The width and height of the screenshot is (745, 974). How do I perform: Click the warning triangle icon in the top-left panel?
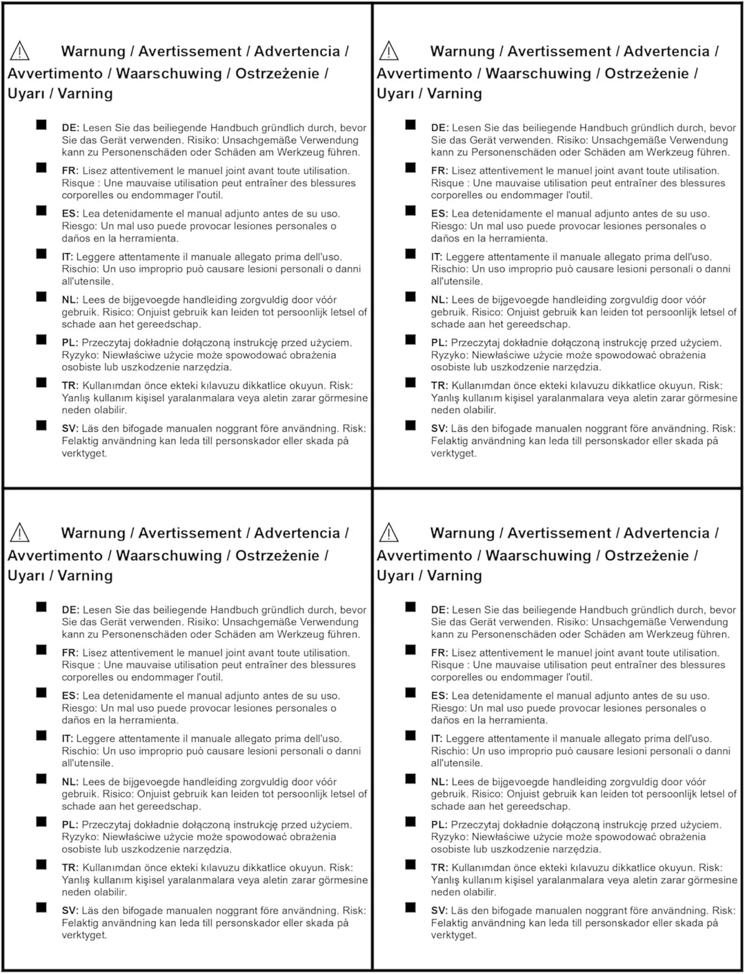pyautogui.click(x=20, y=51)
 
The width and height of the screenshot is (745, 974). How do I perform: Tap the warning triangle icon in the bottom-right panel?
pyautogui.click(x=389, y=533)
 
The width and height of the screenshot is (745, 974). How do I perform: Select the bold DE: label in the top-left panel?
pyautogui.click(x=70, y=128)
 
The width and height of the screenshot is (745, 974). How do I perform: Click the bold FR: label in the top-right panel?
pyautogui.click(x=439, y=170)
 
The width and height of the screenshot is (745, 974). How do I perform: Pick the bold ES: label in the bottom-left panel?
pyautogui.click(x=70, y=695)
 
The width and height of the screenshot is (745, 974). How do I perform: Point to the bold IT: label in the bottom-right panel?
pyautogui.click(x=437, y=738)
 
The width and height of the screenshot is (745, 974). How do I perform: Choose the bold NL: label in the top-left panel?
pyautogui.click(x=70, y=299)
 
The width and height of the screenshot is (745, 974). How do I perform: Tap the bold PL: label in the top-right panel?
pyautogui.click(x=439, y=342)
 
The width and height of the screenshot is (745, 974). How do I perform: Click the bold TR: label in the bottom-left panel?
pyautogui.click(x=70, y=867)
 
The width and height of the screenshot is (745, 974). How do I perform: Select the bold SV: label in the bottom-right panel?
pyautogui.click(x=439, y=910)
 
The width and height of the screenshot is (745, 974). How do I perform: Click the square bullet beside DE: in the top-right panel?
pyautogui.click(x=410, y=125)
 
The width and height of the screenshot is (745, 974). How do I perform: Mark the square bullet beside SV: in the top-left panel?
pyautogui.click(x=41, y=426)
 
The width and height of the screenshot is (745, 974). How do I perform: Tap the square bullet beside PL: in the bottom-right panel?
pyautogui.click(x=410, y=822)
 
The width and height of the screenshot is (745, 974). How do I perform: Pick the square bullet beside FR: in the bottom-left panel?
pyautogui.click(x=41, y=650)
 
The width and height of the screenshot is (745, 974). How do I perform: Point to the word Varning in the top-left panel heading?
pyautogui.click(x=85, y=94)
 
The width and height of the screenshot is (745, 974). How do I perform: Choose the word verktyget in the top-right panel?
pyautogui.click(x=453, y=453)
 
